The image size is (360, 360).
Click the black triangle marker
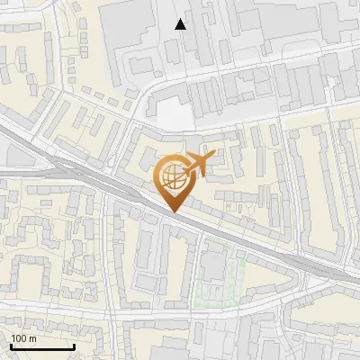click(181, 24)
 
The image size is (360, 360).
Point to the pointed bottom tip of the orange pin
click(173, 211)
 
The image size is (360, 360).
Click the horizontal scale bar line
click(42, 346)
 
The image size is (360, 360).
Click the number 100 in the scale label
click(18, 338)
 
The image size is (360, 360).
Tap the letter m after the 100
click(31, 338)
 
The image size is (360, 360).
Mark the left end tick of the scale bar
click(11, 345)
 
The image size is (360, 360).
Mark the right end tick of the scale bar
click(74, 345)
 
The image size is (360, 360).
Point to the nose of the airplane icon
click(214, 157)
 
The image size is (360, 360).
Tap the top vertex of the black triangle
click(181, 19)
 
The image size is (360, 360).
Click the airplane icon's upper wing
click(200, 156)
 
